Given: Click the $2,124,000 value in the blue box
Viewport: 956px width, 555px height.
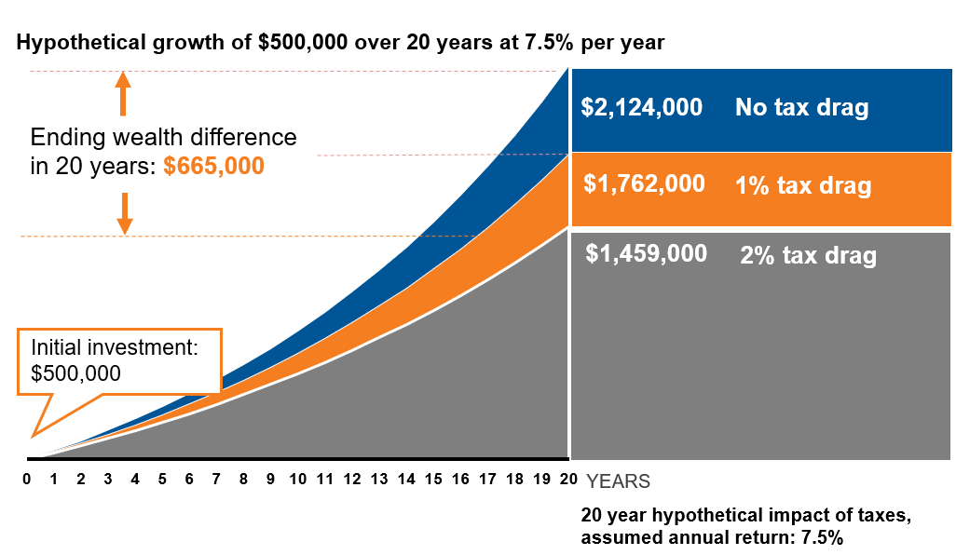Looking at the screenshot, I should pos(641,107).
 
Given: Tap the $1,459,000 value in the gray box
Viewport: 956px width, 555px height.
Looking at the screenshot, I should pos(647,253).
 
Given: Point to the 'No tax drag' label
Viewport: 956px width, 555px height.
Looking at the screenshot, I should pos(801,108).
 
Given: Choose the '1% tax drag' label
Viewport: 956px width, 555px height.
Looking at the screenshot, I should pos(803,185).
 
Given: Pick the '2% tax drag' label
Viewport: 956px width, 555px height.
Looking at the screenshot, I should pos(808,255).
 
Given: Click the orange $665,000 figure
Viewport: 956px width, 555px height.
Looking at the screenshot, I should pos(213,167).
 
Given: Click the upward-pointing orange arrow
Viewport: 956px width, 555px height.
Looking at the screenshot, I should pos(123,94).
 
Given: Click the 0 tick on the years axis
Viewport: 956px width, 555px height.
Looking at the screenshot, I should pos(28,481).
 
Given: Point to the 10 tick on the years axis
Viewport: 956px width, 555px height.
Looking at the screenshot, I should pos(297,481).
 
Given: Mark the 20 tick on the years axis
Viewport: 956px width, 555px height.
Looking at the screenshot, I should pos(567,481).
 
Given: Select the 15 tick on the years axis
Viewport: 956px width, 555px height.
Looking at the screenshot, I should pos(432,481).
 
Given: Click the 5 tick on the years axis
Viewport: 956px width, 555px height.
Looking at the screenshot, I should pos(162,481).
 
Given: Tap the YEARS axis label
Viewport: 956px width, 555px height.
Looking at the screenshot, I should pos(618,481).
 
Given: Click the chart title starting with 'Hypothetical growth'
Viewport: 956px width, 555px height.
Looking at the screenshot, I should pos(339,43).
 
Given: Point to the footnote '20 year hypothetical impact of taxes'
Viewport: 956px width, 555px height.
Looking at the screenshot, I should pos(712,515).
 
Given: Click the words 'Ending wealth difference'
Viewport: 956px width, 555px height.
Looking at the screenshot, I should pos(164,138).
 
